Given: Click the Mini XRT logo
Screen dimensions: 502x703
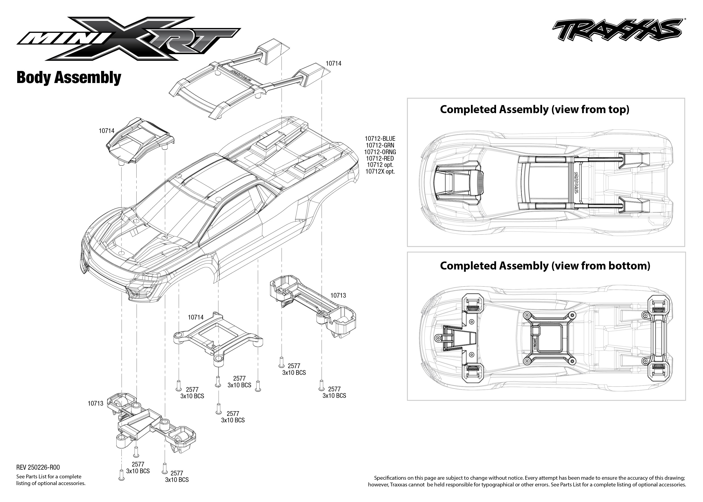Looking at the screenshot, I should pos(128,39).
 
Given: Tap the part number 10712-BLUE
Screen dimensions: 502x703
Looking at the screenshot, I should pos(380,139).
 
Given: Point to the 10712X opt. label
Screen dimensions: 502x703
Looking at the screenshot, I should pos(380,172).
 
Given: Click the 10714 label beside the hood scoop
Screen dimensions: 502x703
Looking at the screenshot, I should pos(107,131).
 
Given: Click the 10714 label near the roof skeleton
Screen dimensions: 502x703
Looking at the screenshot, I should pos(333,63).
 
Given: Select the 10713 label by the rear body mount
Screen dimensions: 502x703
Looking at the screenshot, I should pos(338,296).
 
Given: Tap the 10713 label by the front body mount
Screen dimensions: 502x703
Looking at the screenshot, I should pos(96,403).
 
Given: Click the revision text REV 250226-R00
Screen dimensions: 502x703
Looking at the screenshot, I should pos(38,467).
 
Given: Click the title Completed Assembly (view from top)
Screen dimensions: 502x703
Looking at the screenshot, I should pos(535,109).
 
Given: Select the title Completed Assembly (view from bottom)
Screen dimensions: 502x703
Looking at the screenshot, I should pos(545,266).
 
